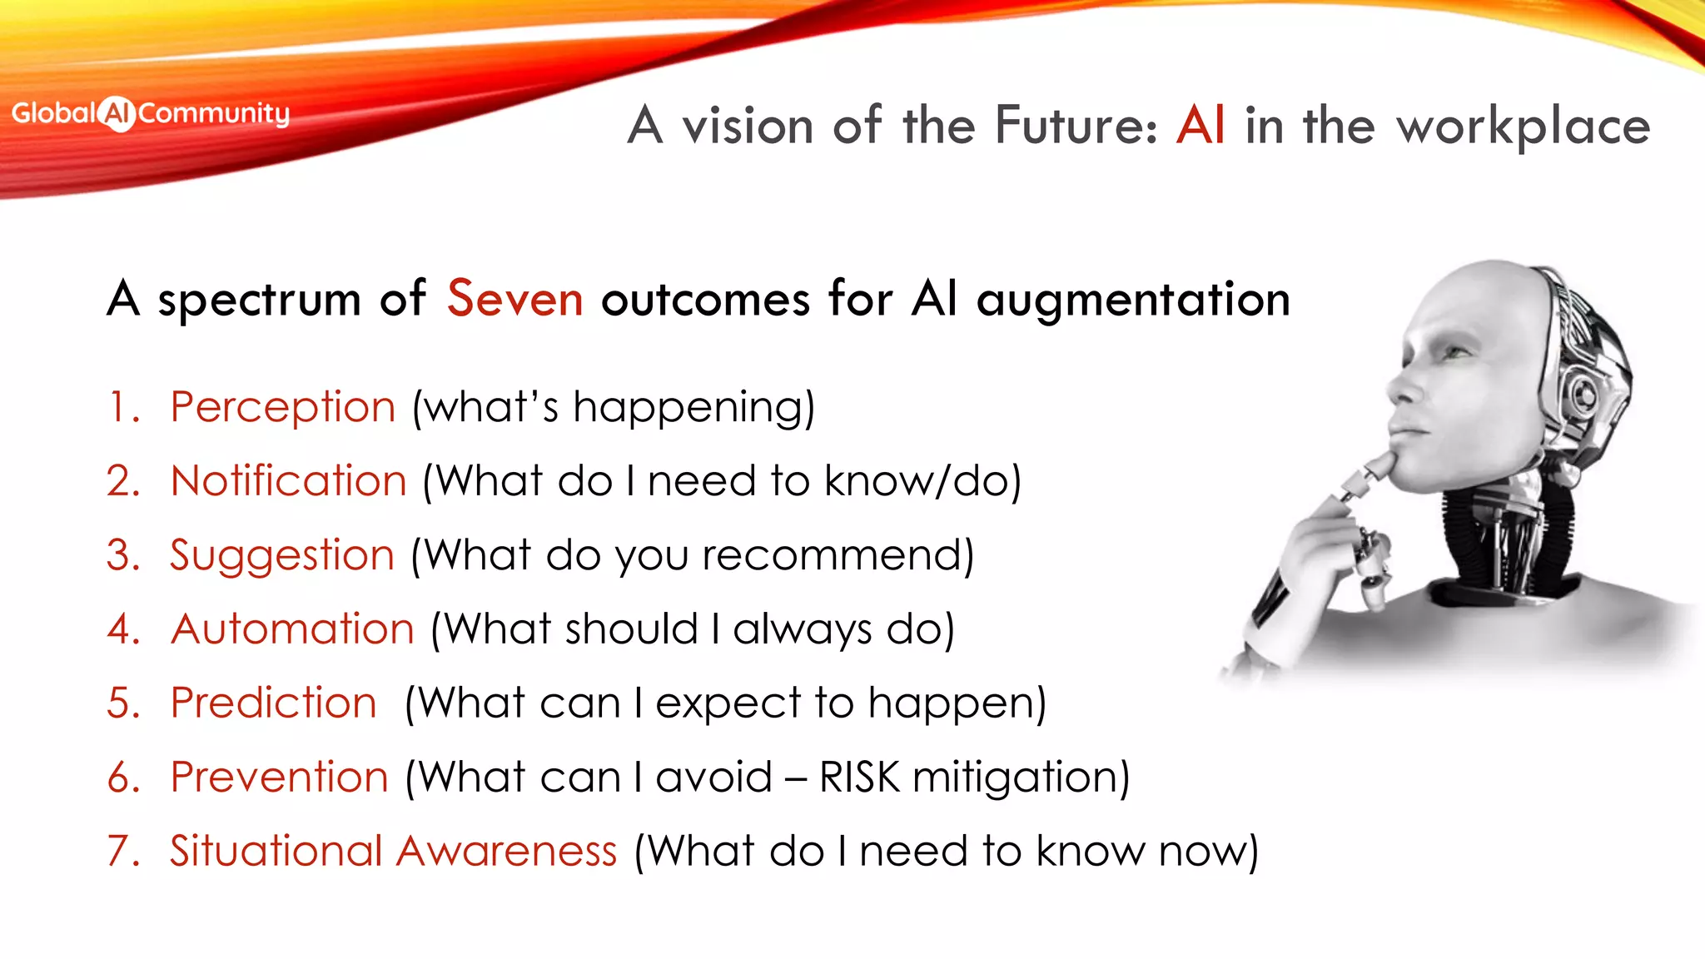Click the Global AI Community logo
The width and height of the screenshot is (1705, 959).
[x=150, y=113]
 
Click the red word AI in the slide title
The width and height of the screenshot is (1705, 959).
[x=1200, y=126]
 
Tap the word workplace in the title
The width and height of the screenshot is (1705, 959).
[x=1523, y=127]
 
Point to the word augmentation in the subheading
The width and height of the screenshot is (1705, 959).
[x=1132, y=301]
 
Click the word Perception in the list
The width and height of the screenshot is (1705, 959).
[x=282, y=408]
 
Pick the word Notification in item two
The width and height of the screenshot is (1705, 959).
[x=288, y=481]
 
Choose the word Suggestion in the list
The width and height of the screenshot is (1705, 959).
[x=281, y=556]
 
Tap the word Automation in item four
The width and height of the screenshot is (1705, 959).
[x=292, y=629]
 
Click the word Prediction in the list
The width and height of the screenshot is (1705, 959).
[x=273, y=703]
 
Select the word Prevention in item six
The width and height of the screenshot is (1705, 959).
[x=279, y=777]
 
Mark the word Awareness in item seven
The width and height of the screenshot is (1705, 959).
[x=506, y=851]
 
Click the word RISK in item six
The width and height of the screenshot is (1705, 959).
[x=859, y=777]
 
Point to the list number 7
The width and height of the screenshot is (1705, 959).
[x=121, y=851]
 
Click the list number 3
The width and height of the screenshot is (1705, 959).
[x=121, y=555]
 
